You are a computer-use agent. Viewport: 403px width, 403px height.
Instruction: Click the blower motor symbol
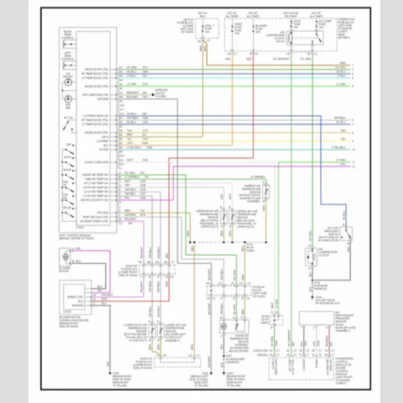coord(64,257)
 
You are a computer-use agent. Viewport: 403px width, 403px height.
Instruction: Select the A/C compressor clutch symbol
coord(311,257)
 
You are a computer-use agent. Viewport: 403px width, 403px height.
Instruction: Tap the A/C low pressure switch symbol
coord(347,234)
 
